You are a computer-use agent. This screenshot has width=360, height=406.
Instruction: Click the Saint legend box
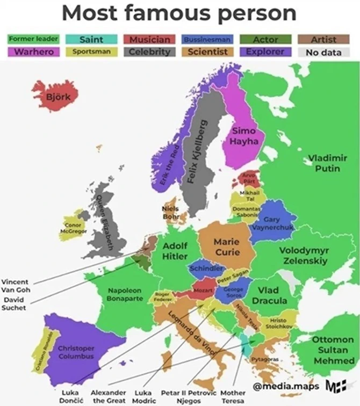[91, 39]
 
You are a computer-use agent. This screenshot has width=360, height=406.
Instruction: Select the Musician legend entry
[149, 39]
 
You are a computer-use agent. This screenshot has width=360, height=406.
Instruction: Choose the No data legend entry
[324, 52]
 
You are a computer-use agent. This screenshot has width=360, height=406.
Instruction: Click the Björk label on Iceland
[55, 97]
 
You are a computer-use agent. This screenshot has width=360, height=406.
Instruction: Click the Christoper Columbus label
[76, 352]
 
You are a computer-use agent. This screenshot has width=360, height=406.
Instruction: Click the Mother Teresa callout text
[232, 396]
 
